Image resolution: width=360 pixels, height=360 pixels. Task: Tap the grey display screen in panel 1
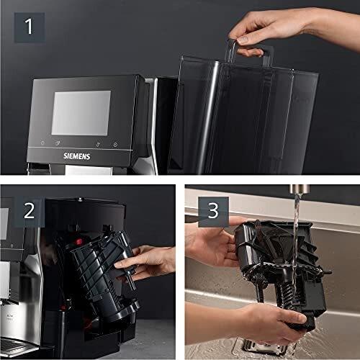point(81,112)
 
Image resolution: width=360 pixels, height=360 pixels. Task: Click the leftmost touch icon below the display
point(42,143)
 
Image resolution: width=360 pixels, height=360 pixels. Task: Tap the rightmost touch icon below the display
point(115,144)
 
